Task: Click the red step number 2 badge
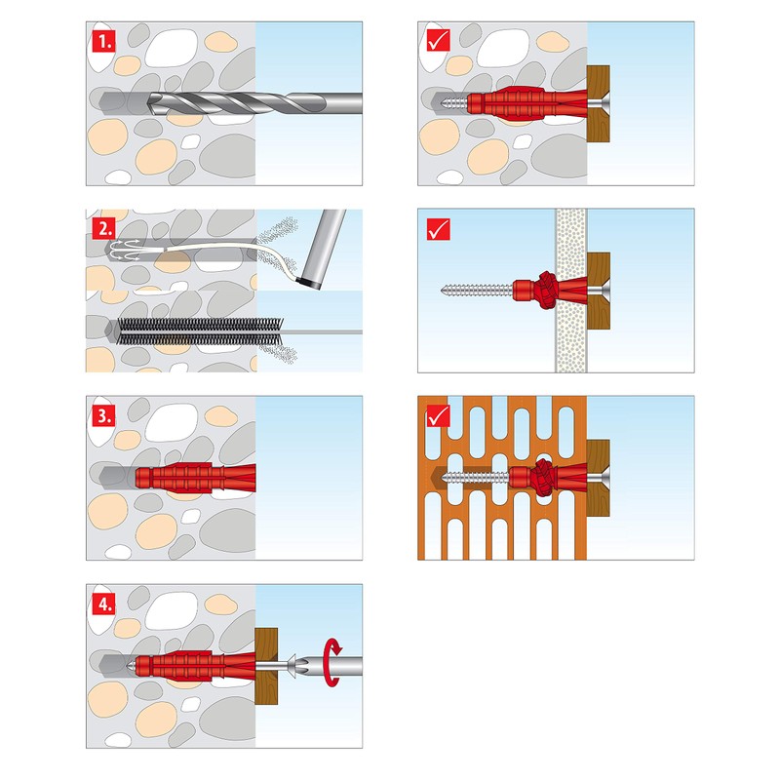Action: [x=102, y=228]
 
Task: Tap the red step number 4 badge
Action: [x=102, y=603]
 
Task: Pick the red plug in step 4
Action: [x=190, y=666]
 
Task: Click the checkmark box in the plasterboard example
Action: [x=437, y=228]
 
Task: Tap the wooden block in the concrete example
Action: [x=598, y=103]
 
